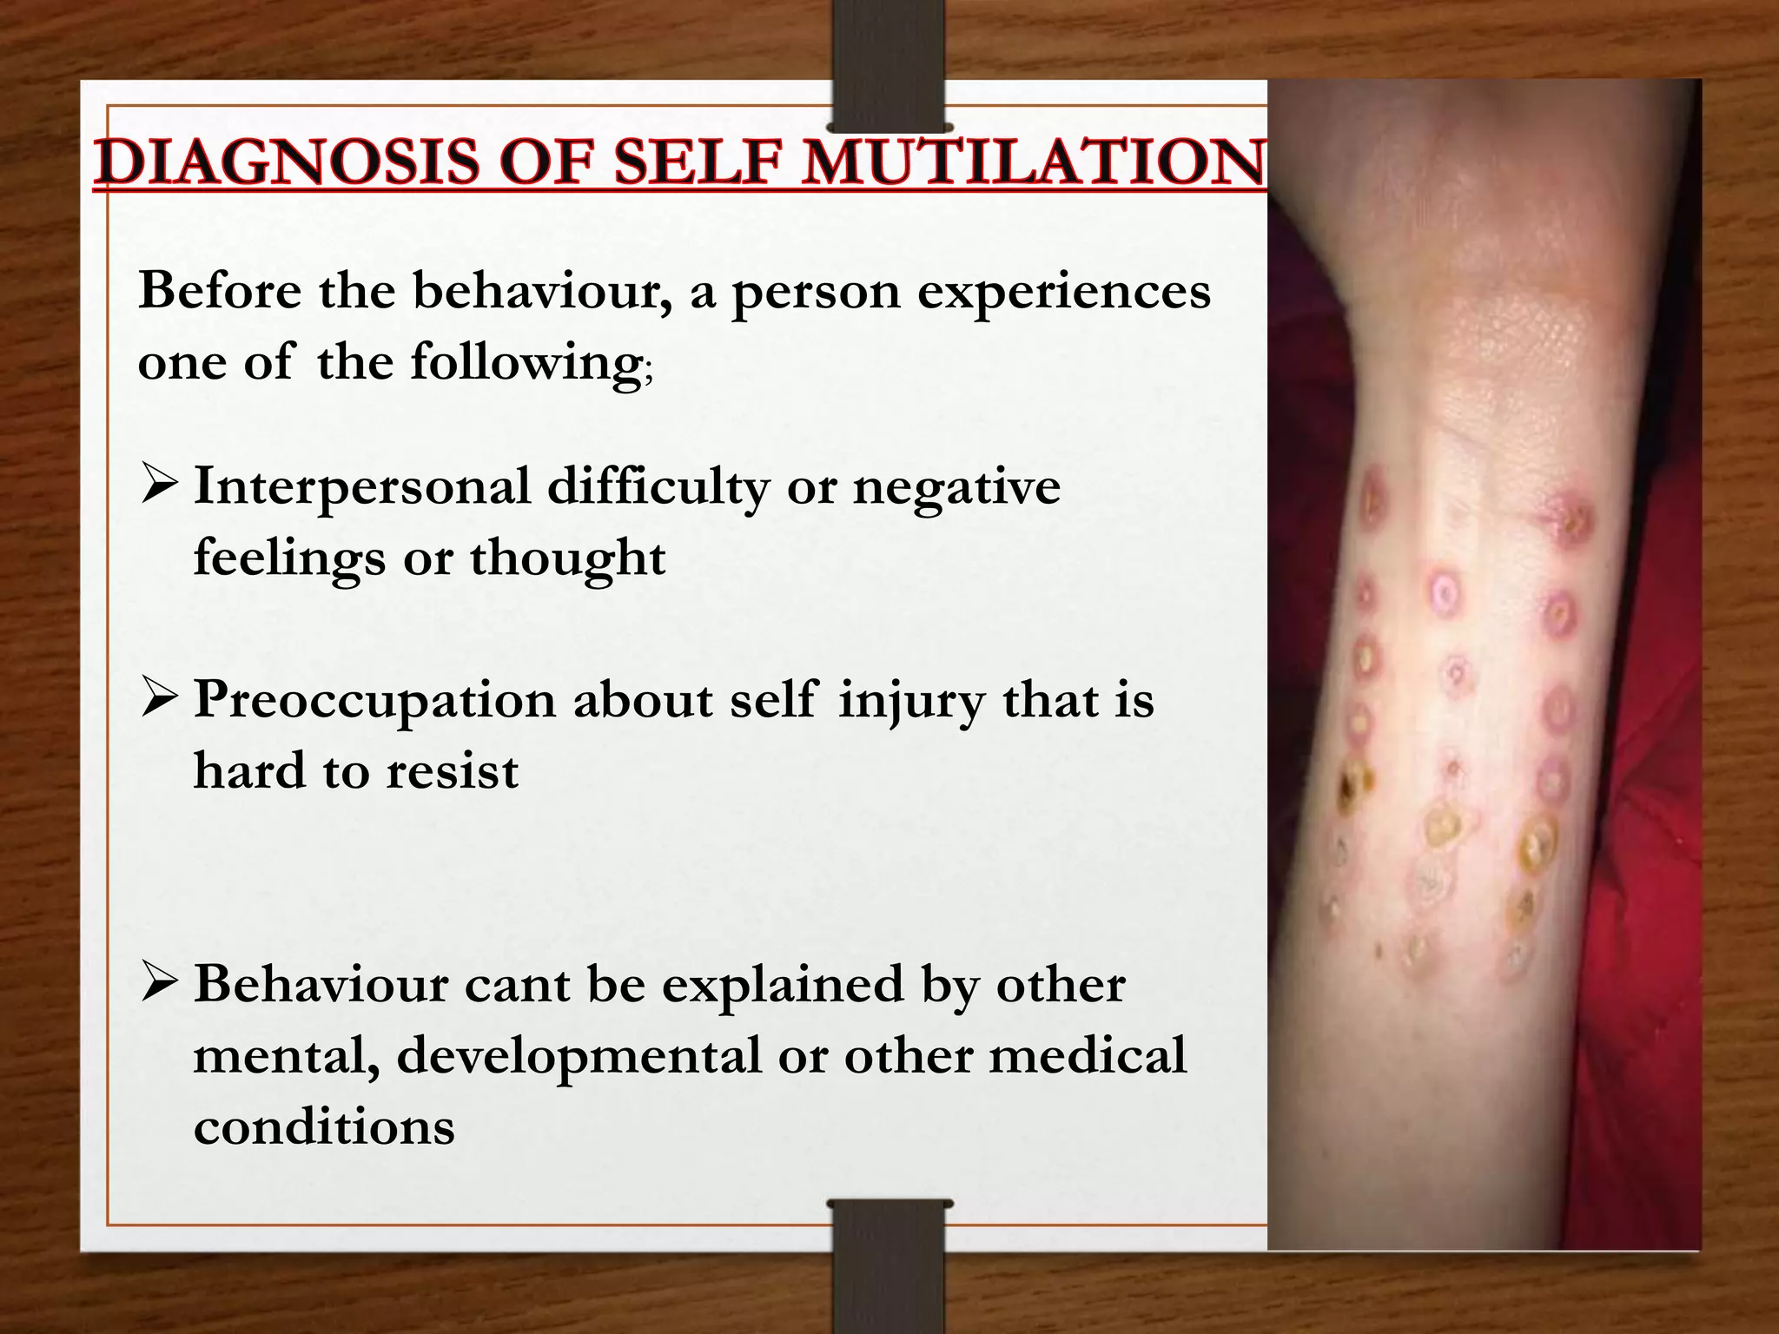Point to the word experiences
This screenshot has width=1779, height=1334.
(x=1064, y=292)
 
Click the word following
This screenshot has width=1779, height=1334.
(x=526, y=363)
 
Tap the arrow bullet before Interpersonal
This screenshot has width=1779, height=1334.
(x=160, y=486)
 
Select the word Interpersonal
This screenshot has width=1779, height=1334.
(x=361, y=486)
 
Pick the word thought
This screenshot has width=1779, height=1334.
(x=568, y=558)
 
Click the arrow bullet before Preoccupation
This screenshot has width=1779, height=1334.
(x=160, y=699)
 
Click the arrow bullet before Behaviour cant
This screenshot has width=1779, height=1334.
(x=160, y=985)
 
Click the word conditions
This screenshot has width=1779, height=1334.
(x=324, y=1127)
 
